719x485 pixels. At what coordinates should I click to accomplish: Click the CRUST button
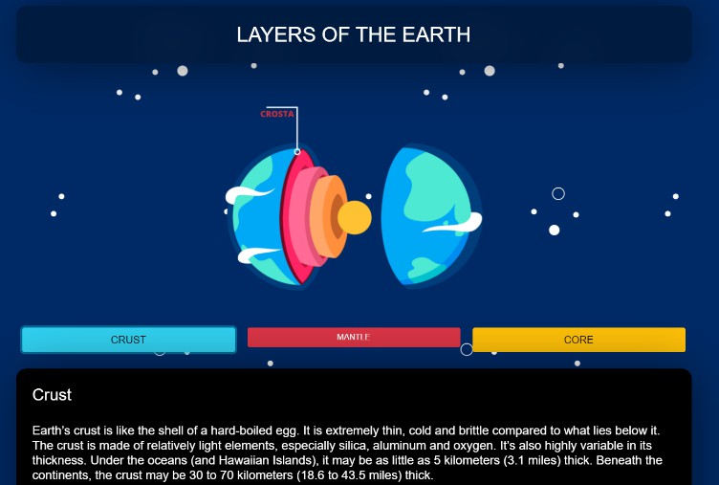coord(128,340)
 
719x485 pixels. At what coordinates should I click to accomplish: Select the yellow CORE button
coord(578,340)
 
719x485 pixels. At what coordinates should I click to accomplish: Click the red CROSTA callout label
coord(277,114)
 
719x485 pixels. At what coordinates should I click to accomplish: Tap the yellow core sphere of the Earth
coord(354,218)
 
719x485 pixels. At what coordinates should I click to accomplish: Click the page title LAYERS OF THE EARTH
coord(354,35)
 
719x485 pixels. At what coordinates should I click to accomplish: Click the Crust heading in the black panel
coord(52,394)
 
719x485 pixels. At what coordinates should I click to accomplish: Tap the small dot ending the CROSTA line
coord(297,152)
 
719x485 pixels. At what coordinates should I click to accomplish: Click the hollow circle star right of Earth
coord(558,194)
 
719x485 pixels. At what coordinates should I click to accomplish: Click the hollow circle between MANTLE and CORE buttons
coord(467,349)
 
